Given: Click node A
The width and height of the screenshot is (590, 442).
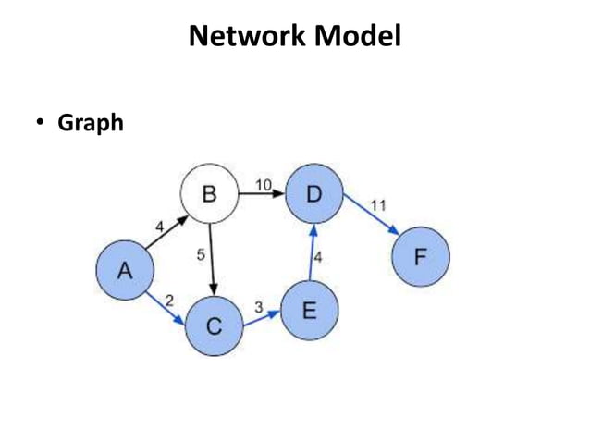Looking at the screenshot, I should tap(124, 270).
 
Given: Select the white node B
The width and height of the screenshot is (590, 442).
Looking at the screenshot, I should tap(209, 195).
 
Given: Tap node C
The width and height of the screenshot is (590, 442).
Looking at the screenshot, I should tap(214, 326).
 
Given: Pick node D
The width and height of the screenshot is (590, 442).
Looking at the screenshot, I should tap(314, 195).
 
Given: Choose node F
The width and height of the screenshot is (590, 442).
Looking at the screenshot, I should tap(420, 256).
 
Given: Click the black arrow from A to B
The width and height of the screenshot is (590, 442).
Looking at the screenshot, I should tap(166, 233).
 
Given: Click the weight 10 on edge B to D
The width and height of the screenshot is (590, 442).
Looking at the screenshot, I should tap(264, 185).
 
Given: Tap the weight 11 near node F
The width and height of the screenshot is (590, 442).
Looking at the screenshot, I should tap(378, 203).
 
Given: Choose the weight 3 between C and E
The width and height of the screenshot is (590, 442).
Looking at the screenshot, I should tap(259, 306).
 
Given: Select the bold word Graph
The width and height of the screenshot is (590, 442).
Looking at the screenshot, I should tap(91, 122).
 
